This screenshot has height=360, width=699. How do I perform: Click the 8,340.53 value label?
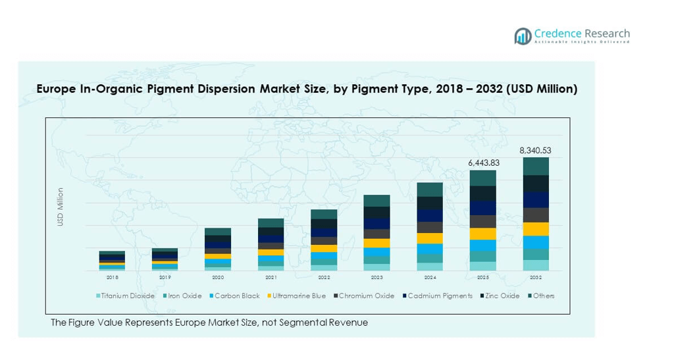pyautogui.click(x=535, y=150)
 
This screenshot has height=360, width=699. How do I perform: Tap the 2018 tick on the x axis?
pyautogui.click(x=112, y=278)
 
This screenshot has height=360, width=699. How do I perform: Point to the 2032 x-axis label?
pyautogui.click(x=535, y=278)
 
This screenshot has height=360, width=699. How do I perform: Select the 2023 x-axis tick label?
pyautogui.click(x=376, y=278)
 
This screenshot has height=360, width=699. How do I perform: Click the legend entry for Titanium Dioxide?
pyautogui.click(x=128, y=296)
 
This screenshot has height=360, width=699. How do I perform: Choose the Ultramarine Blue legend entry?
pyautogui.click(x=299, y=296)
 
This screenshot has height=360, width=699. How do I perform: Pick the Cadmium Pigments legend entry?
pyautogui.click(x=440, y=296)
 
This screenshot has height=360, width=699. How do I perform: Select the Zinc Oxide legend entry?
pyautogui.click(x=502, y=296)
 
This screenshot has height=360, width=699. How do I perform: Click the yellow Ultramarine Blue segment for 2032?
pyautogui.click(x=536, y=229)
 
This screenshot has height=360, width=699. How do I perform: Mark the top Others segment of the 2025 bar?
pyautogui.click(x=482, y=178)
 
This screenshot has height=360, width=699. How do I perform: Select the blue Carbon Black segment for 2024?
pyautogui.click(x=430, y=249)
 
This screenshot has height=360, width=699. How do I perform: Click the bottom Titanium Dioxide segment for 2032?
pyautogui.click(x=536, y=265)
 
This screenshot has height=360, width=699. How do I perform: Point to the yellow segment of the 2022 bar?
pyautogui.click(x=324, y=249)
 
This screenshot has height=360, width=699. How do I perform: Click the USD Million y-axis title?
pyautogui.click(x=61, y=207)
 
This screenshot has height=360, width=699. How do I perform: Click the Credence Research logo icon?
pyautogui.click(x=523, y=36)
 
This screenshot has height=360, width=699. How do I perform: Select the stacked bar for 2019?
pyautogui.click(x=165, y=259)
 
